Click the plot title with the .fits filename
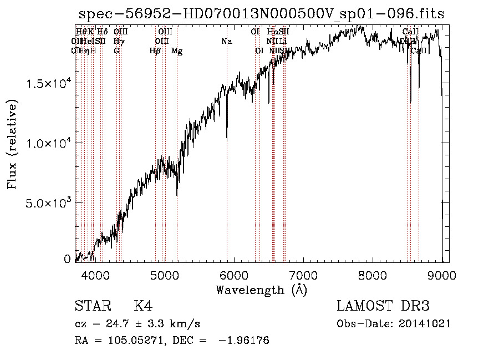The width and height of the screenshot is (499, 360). click(x=262, y=14)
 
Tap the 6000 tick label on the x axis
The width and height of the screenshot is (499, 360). click(x=234, y=275)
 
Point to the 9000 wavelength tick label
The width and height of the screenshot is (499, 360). click(x=442, y=275)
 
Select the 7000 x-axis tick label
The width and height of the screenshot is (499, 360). click(x=303, y=275)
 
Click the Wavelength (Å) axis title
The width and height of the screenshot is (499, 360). click(x=261, y=290)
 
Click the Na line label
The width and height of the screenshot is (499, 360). click(x=226, y=41)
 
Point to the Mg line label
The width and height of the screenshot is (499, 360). click(x=177, y=51)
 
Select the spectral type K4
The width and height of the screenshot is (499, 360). click(x=143, y=306)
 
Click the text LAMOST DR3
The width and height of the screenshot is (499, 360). click(x=383, y=306)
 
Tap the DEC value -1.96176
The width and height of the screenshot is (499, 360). click(x=244, y=341)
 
